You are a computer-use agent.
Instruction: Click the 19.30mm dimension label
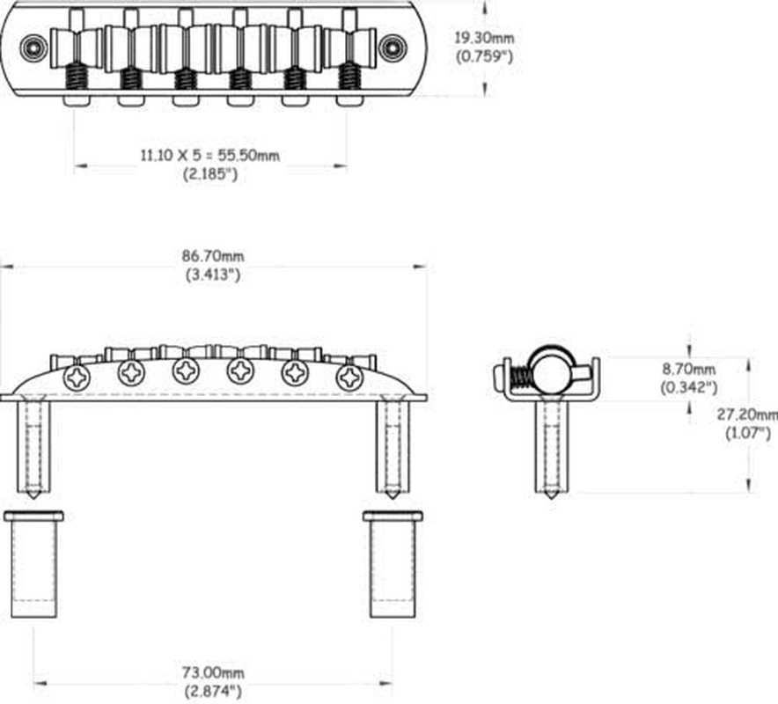pyautogui.click(x=484, y=38)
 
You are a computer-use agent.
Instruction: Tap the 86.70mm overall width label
pyautogui.click(x=213, y=256)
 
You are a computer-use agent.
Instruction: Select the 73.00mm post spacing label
pyautogui.click(x=213, y=672)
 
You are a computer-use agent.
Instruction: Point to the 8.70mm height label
pyautogui.click(x=689, y=369)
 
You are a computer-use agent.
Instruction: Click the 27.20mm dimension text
pyautogui.click(x=747, y=414)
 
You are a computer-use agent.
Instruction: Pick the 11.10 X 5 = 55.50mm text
pyautogui.click(x=209, y=155)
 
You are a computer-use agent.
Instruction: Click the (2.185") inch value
pyautogui.click(x=210, y=174)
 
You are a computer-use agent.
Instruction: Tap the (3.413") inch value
pyautogui.click(x=213, y=275)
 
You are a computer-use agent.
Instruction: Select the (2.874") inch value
pyautogui.click(x=213, y=691)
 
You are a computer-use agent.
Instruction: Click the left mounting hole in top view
pyautogui.click(x=33, y=48)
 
